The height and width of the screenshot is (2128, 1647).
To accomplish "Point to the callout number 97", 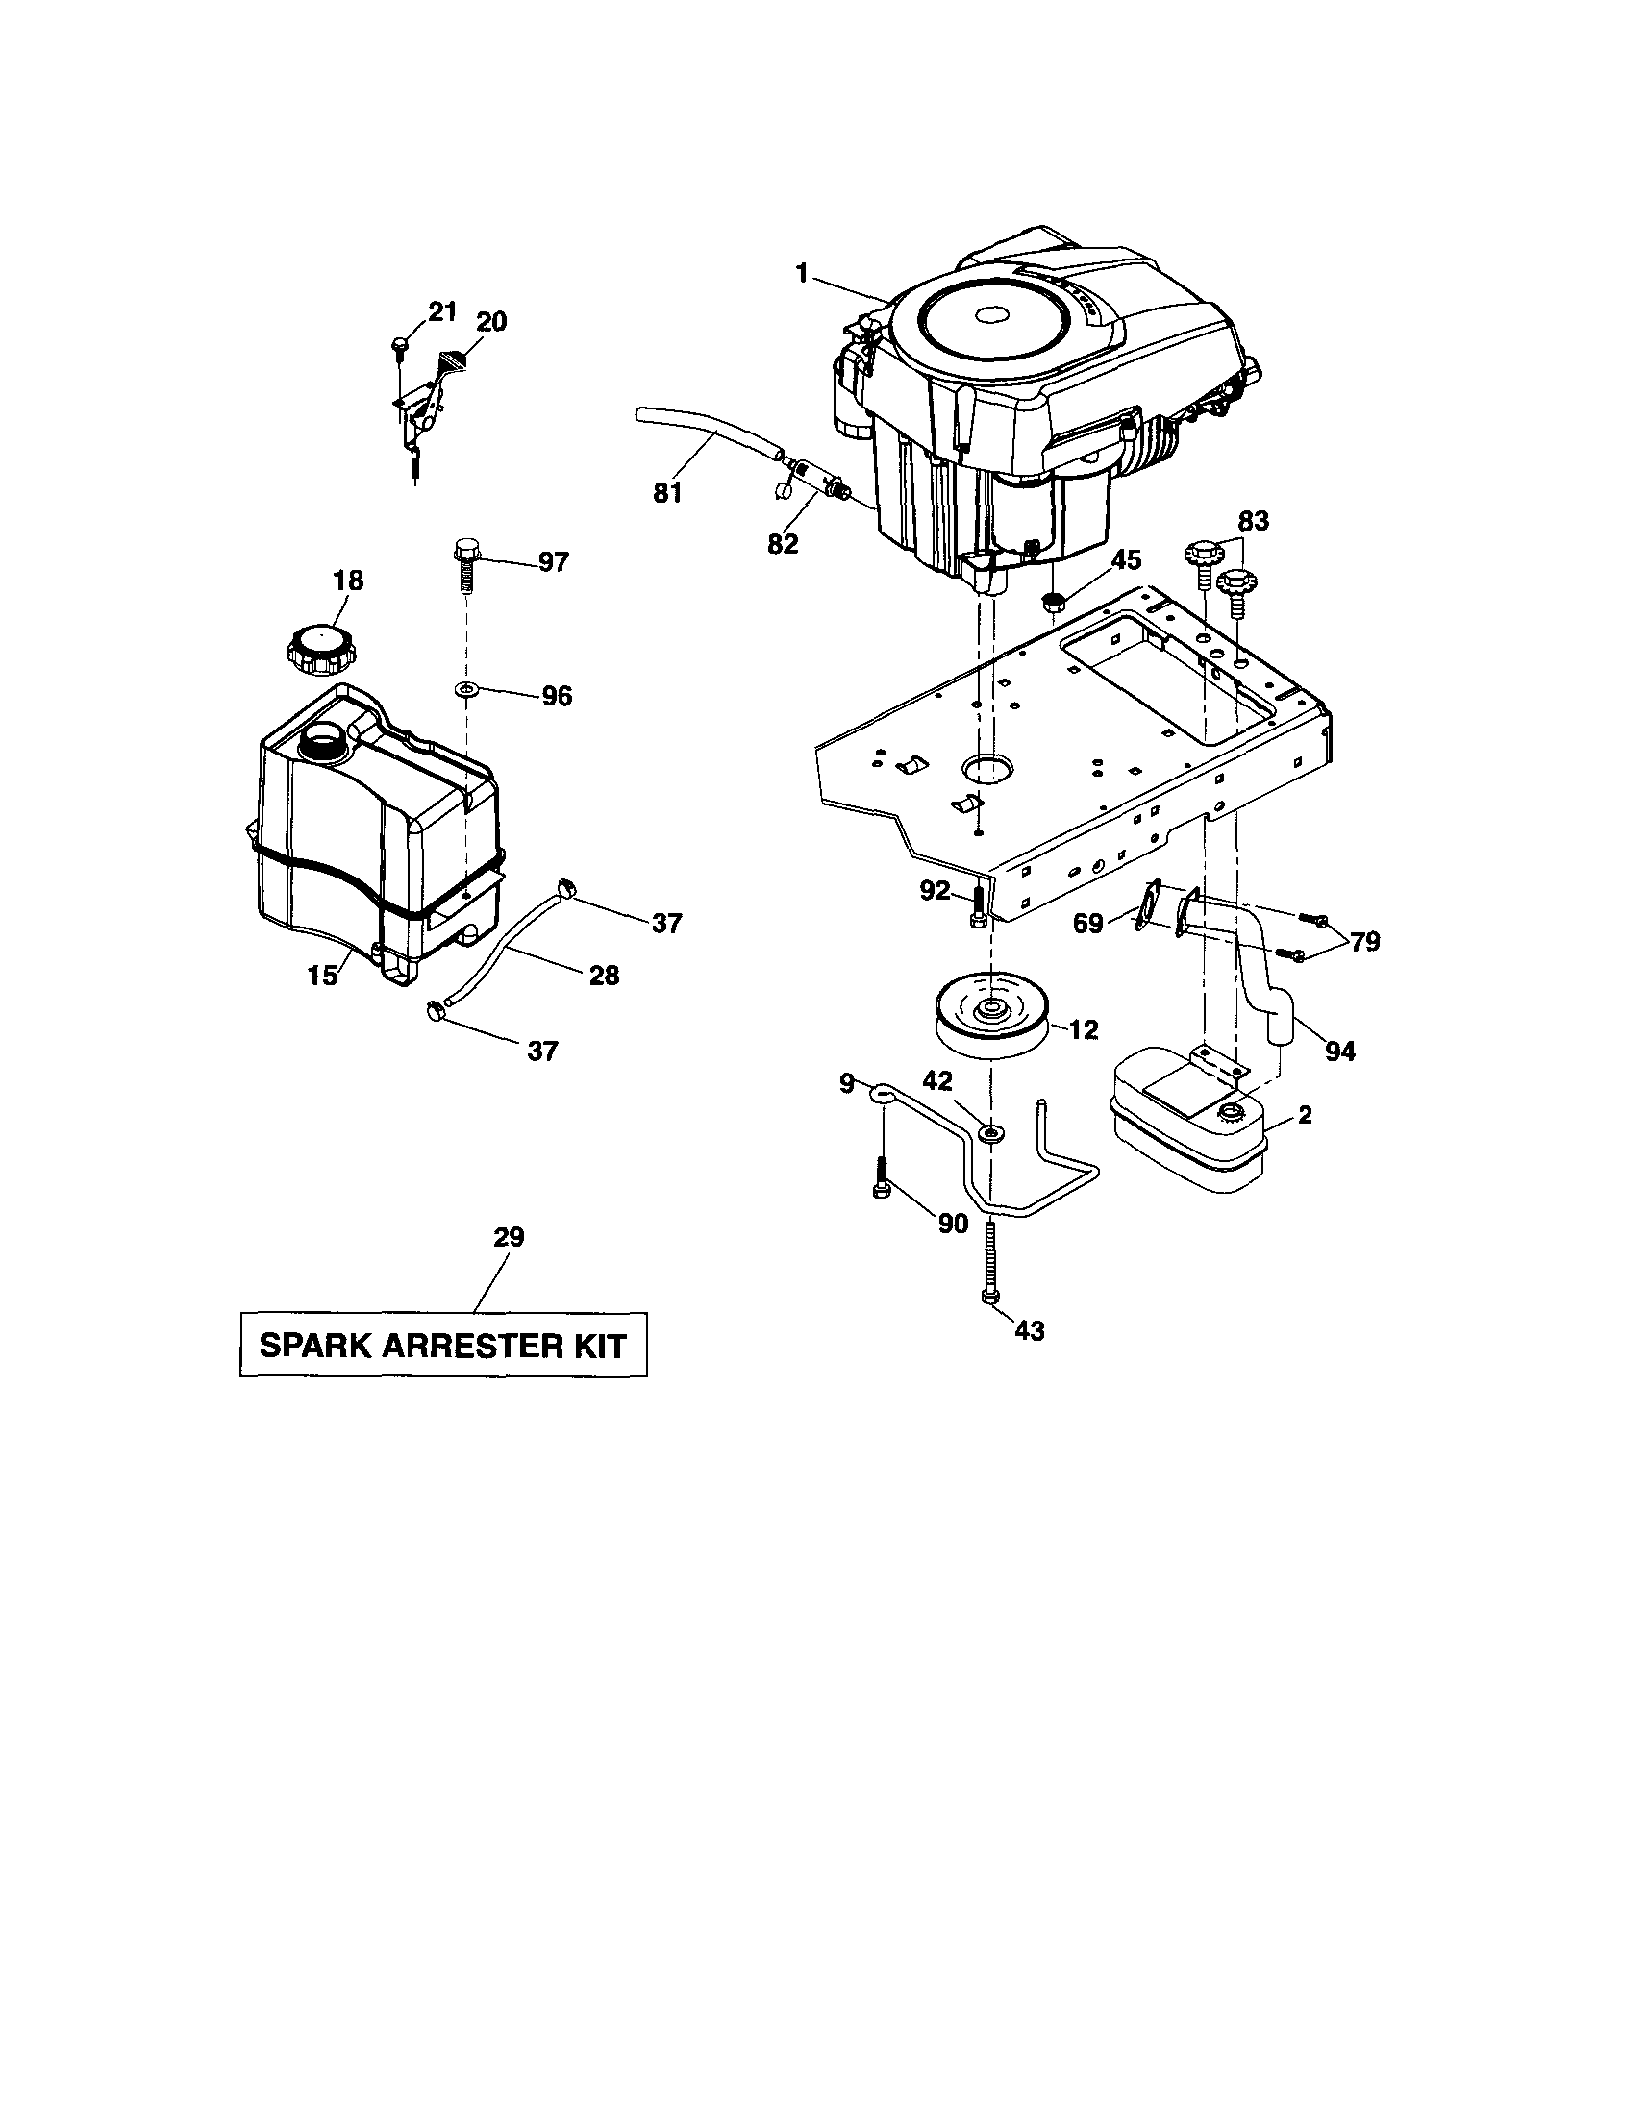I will pyautogui.click(x=553, y=562).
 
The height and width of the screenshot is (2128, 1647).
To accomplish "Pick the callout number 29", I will pyautogui.click(x=509, y=1237).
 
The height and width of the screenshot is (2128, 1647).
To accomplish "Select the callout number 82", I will pyautogui.click(x=783, y=543).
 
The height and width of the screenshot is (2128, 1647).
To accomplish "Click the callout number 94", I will pyautogui.click(x=1340, y=1052).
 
